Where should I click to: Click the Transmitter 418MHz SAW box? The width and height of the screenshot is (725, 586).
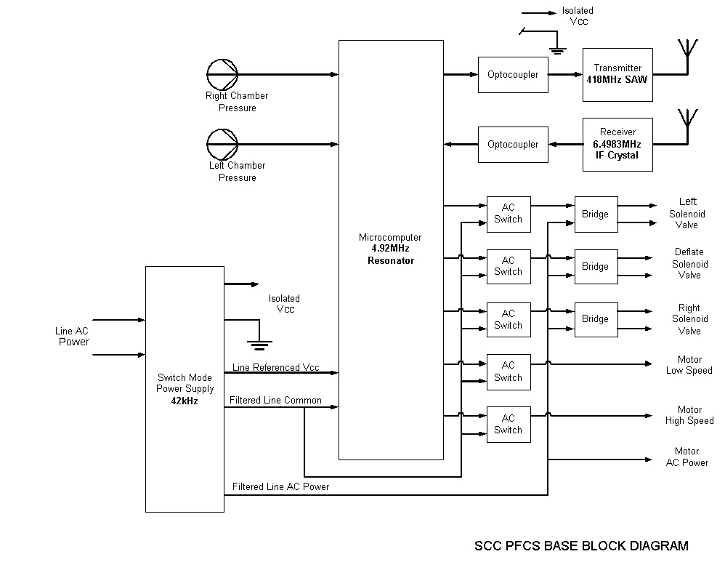pyautogui.click(x=617, y=74)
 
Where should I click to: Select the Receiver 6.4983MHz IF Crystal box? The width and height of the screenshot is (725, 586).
pyautogui.click(x=617, y=144)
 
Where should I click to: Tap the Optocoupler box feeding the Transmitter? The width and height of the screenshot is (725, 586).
pyautogui.click(x=513, y=74)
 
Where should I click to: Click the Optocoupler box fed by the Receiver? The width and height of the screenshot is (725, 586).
pyautogui.click(x=513, y=144)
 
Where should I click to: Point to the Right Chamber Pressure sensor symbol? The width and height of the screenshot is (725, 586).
pyautogui.click(x=222, y=74)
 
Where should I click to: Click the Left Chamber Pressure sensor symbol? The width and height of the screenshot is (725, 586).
pyautogui.click(x=222, y=143)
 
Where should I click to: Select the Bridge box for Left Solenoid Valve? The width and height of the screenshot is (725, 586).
pyautogui.click(x=596, y=214)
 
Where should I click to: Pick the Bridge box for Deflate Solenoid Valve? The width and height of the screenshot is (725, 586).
pyautogui.click(x=596, y=267)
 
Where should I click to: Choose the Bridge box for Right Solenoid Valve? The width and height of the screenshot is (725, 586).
pyautogui.click(x=596, y=319)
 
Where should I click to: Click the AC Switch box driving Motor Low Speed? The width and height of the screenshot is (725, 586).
pyautogui.click(x=509, y=372)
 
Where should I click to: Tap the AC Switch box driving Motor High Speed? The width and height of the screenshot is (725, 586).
pyautogui.click(x=509, y=424)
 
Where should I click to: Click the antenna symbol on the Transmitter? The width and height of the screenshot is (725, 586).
pyautogui.click(x=686, y=51)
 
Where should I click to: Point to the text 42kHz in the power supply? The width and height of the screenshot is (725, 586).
pyautogui.click(x=185, y=401)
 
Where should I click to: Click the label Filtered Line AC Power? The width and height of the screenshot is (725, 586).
pyautogui.click(x=280, y=486)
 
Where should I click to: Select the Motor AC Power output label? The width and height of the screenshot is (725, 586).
pyautogui.click(x=686, y=457)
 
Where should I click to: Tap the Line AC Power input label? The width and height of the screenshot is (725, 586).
pyautogui.click(x=73, y=337)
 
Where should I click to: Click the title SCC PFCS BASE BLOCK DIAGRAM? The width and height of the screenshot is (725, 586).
pyautogui.click(x=580, y=546)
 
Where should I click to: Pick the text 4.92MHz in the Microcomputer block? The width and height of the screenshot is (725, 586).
pyautogui.click(x=390, y=249)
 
